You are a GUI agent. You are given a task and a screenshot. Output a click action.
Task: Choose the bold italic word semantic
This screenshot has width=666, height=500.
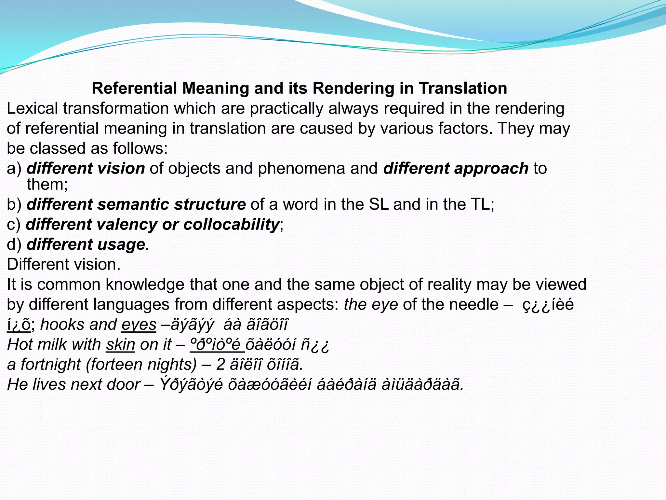tap(133, 204)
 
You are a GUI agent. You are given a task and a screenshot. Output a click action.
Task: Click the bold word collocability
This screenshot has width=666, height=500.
tap(231, 224)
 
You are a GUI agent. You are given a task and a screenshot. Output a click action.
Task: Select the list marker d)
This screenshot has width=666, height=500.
tap(14, 244)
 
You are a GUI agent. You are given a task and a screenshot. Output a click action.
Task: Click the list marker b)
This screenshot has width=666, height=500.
tap(14, 204)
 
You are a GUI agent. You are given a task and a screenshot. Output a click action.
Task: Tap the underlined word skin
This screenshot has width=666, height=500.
tap(120, 344)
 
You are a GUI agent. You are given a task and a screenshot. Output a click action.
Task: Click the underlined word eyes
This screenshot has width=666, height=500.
tap(139, 325)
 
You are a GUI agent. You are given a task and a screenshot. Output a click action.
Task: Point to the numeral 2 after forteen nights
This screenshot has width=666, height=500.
tap(220, 365)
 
